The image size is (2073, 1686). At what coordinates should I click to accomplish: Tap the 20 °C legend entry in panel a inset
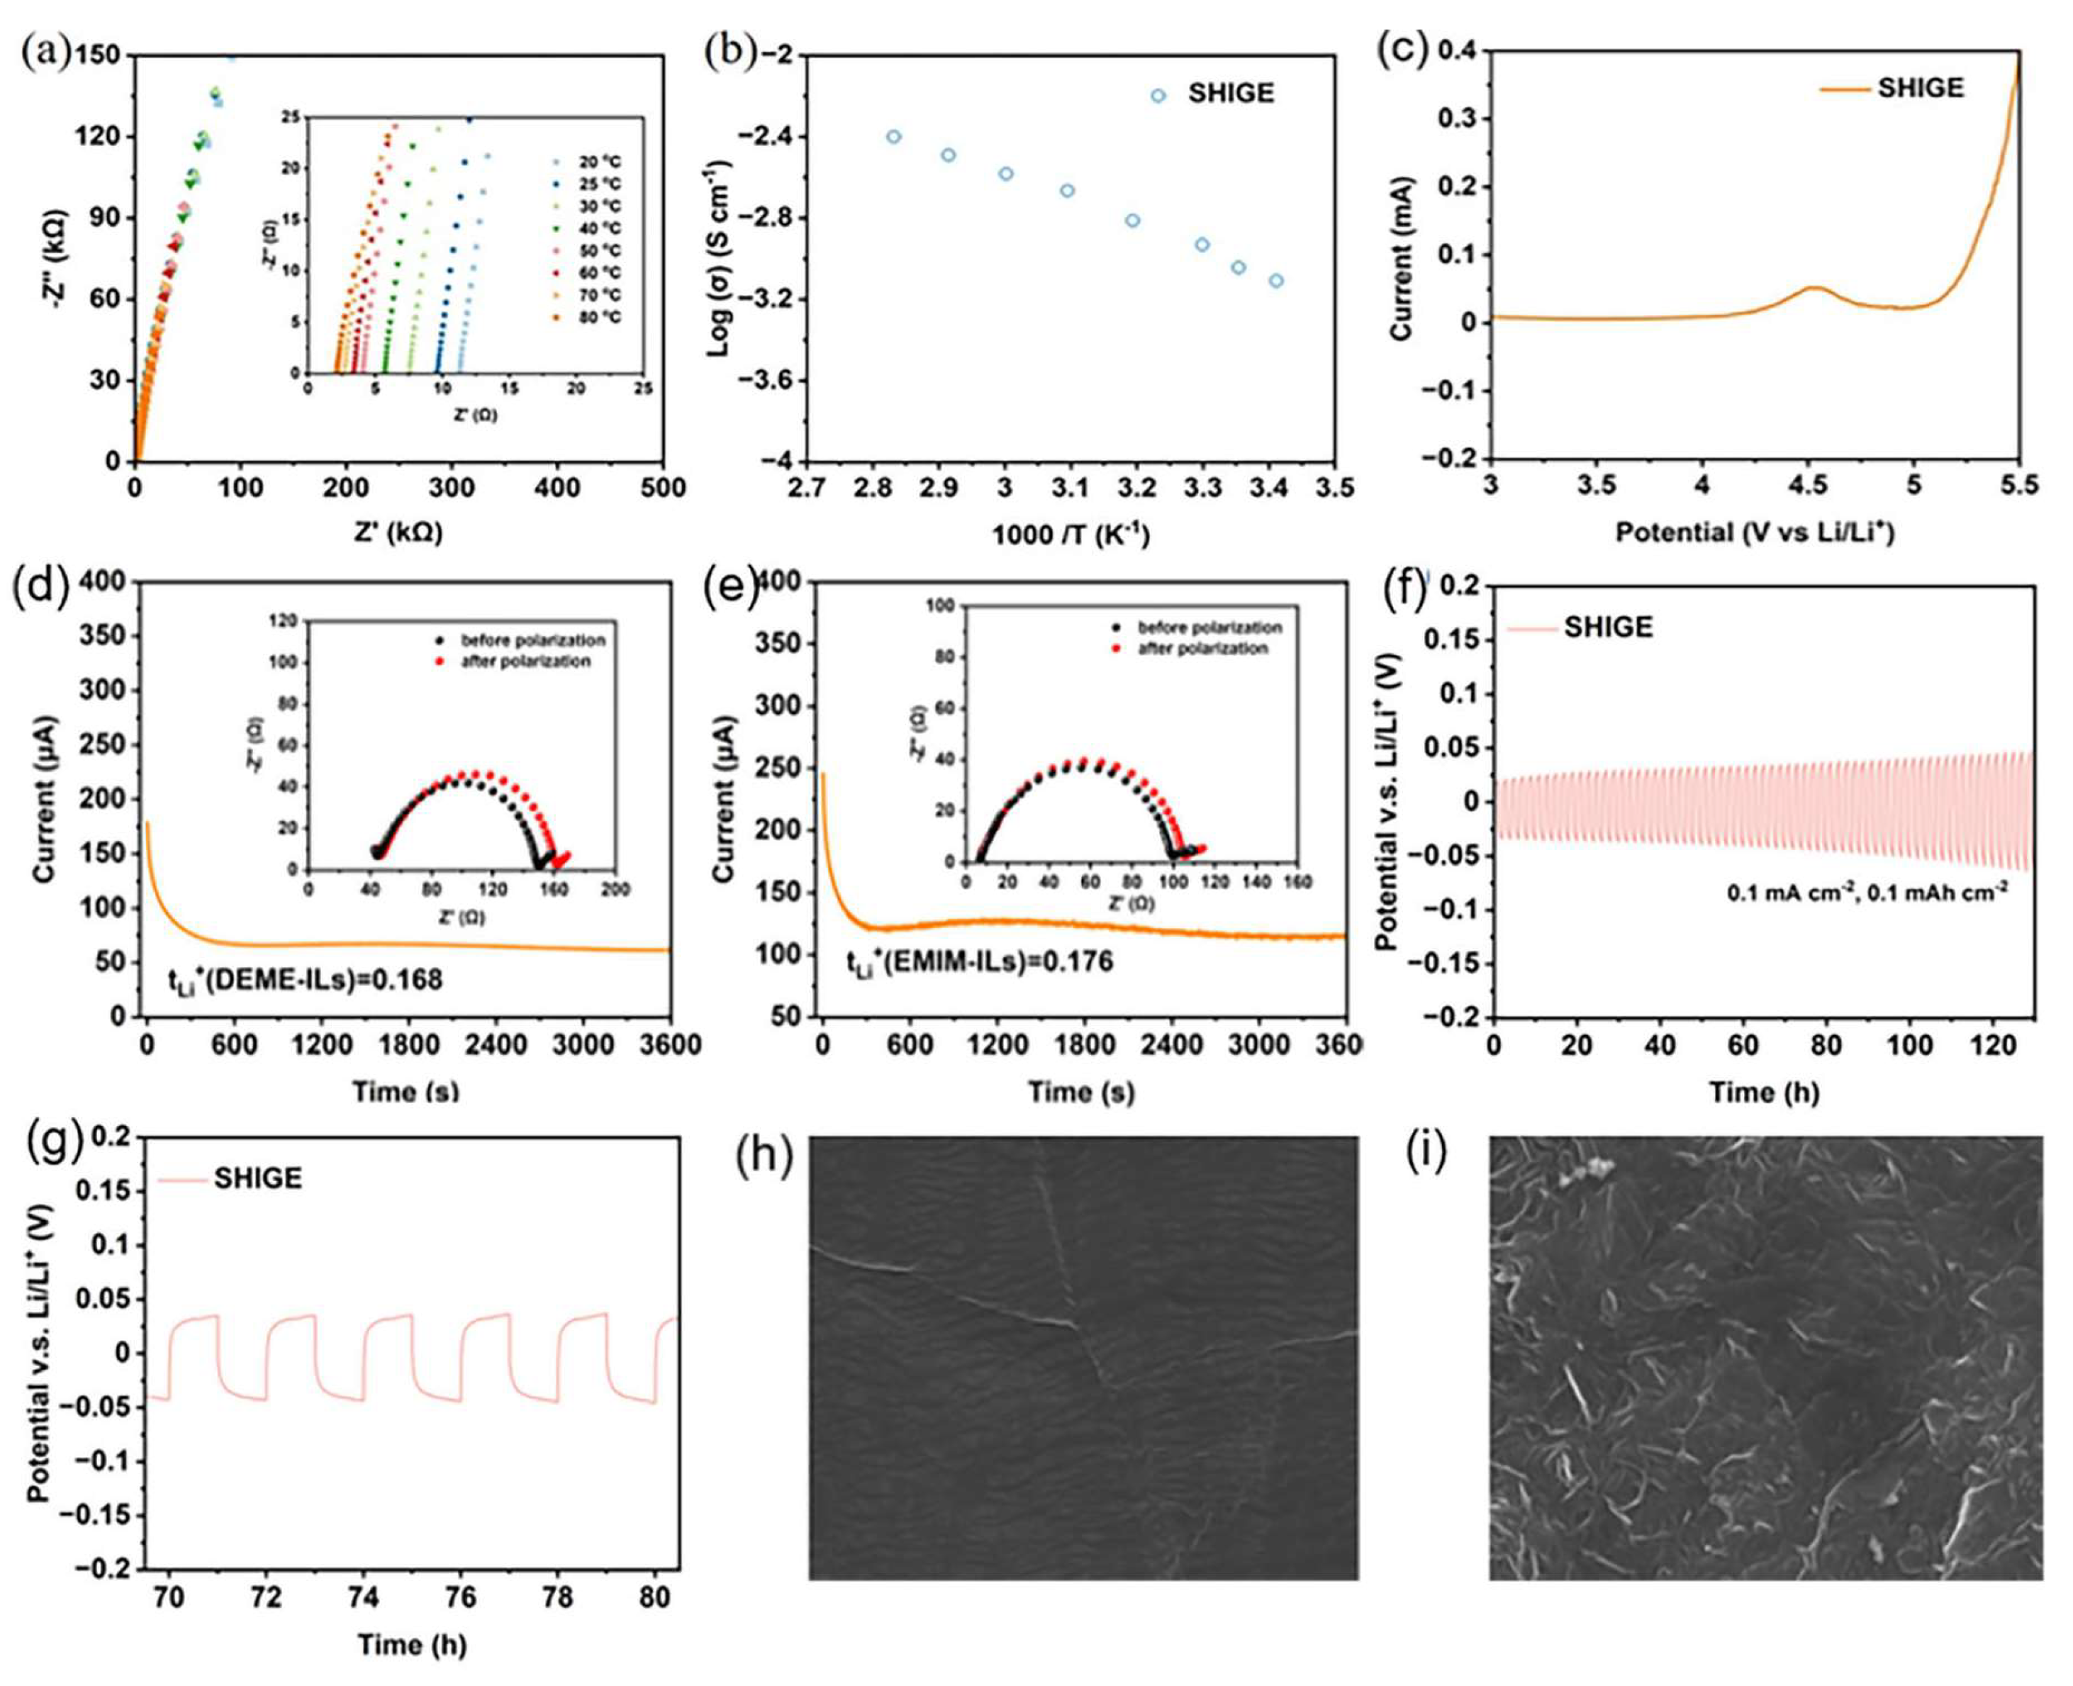[600, 162]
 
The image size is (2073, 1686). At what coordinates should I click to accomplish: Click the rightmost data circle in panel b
[1275, 281]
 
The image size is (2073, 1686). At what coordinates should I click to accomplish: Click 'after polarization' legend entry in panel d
[525, 661]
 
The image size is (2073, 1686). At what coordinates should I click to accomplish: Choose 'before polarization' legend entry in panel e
[1209, 627]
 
